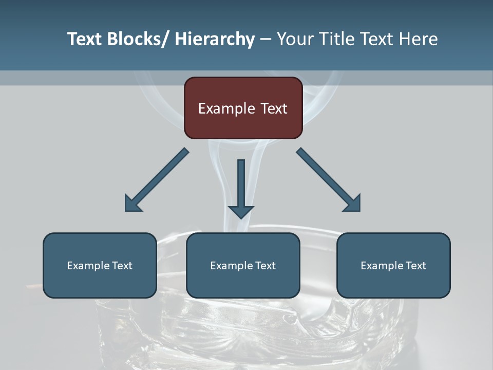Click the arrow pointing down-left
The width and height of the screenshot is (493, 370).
(157, 180)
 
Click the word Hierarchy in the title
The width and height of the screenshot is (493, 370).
(215, 39)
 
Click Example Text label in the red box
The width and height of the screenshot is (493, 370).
(243, 108)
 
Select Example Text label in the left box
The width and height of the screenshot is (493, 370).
(100, 266)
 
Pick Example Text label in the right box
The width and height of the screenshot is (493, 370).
(393, 266)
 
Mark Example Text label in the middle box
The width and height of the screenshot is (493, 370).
(243, 266)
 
